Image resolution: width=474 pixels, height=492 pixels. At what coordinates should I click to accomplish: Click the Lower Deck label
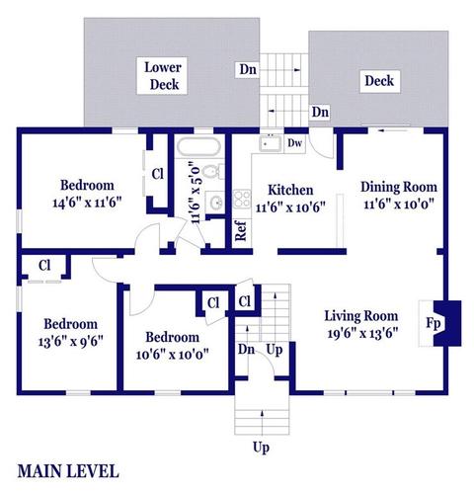(163, 76)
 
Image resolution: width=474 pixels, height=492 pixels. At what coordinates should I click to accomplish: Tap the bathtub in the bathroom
(198, 146)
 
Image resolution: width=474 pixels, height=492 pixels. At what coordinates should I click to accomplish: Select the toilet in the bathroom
(212, 172)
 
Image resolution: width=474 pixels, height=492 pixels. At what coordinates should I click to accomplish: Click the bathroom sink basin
(215, 203)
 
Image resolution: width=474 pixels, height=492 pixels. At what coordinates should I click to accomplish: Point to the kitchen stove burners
(242, 200)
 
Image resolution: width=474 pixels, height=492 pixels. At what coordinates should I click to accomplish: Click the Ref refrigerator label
(241, 231)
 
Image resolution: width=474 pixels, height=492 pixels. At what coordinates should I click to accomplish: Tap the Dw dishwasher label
(294, 143)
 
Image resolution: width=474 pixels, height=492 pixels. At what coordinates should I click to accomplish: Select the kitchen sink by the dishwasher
(271, 143)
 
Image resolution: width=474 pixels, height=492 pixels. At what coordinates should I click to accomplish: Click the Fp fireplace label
(434, 323)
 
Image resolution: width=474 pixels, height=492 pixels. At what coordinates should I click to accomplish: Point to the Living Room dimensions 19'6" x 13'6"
(362, 334)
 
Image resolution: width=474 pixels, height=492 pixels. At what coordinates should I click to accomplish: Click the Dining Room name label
(399, 187)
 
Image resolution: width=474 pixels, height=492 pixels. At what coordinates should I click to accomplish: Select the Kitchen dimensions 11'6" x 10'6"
(290, 207)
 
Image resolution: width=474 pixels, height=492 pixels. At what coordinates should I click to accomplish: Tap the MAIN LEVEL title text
(68, 471)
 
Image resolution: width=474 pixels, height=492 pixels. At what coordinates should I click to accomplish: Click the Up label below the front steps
(261, 448)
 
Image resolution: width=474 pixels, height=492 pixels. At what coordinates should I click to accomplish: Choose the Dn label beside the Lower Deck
(248, 69)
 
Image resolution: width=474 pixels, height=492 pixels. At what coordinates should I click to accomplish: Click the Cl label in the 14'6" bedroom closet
(157, 174)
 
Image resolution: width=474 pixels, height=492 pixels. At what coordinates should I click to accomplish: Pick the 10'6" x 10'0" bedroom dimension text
(173, 355)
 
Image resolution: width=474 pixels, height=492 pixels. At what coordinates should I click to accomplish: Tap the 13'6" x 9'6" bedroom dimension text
(71, 342)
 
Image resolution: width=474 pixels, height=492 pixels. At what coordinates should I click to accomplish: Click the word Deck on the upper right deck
(379, 81)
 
